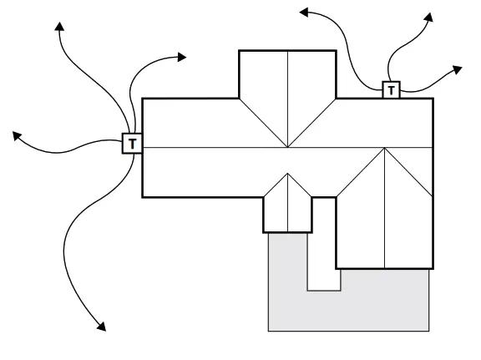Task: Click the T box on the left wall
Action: tap(133, 144)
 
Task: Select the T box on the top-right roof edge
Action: tap(391, 89)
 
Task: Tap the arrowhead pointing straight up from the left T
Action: tap(59, 28)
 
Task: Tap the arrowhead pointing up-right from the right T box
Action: tap(430, 16)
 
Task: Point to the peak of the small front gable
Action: tap(287, 174)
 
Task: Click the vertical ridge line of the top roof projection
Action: tap(287, 92)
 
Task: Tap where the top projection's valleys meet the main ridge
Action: tap(287, 148)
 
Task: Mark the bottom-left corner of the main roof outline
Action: tap(144, 197)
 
